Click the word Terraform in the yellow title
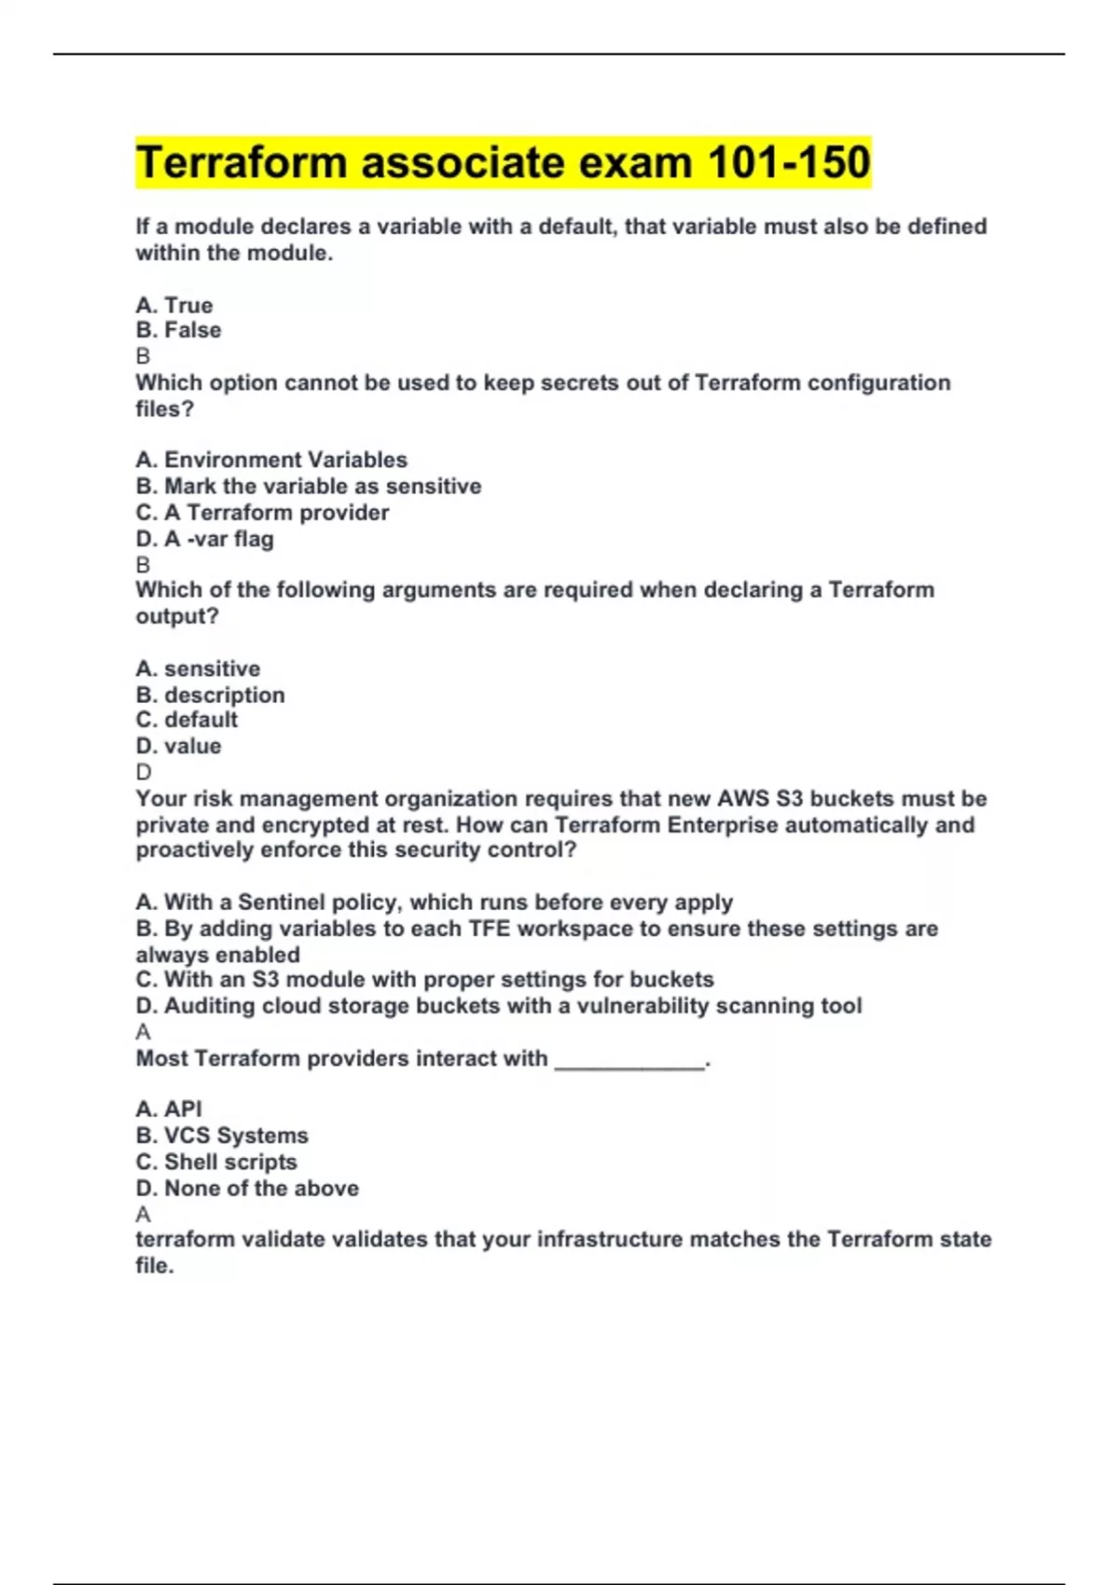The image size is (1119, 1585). [x=242, y=162]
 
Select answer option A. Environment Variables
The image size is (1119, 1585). [x=271, y=460]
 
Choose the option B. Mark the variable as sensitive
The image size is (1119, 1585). [x=309, y=486]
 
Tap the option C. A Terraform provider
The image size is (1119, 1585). [x=262, y=512]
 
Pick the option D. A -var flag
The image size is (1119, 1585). [x=204, y=539]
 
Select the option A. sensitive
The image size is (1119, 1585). [x=198, y=668]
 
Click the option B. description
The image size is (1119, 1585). [x=210, y=695]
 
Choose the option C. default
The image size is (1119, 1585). [x=186, y=720]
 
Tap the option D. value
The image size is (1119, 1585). [x=178, y=746]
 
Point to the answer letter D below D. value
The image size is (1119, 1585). [x=143, y=772]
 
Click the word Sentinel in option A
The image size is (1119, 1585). [x=280, y=903]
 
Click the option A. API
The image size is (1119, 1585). [x=169, y=1109]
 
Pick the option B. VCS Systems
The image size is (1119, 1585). [x=222, y=1136]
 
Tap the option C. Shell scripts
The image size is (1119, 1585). [x=216, y=1162]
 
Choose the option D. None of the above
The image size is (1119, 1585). [x=247, y=1188]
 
